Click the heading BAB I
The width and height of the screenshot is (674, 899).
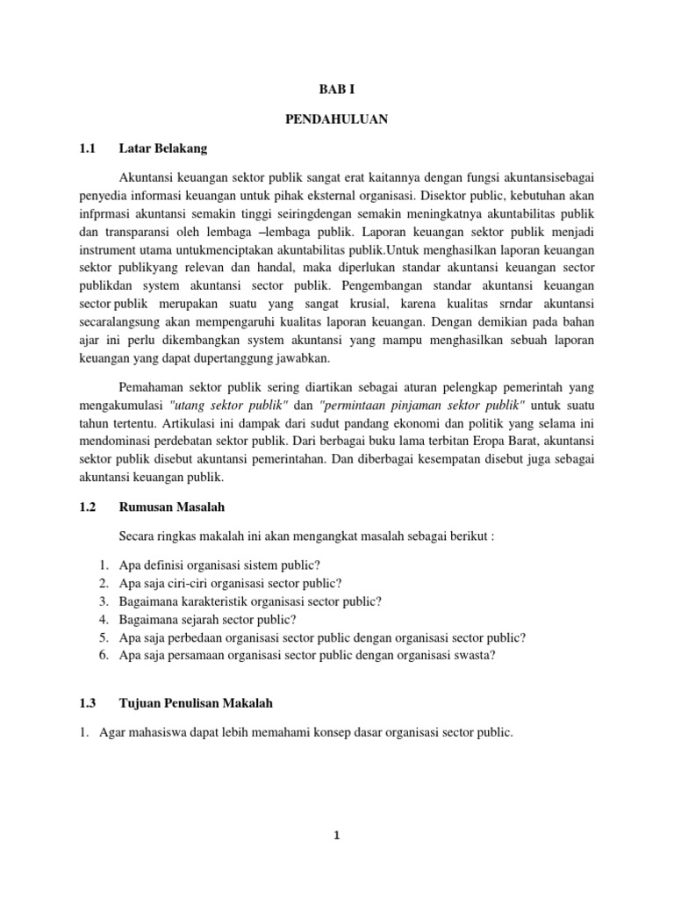pyautogui.click(x=337, y=90)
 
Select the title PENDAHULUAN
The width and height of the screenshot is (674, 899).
pyautogui.click(x=337, y=119)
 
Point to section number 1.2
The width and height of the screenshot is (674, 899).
pyautogui.click(x=88, y=507)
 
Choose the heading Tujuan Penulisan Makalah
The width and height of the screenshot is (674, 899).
pyautogui.click(x=196, y=702)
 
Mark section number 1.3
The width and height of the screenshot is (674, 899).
pyautogui.click(x=88, y=702)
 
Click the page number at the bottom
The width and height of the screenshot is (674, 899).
pyautogui.click(x=337, y=836)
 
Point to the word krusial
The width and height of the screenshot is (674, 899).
pyautogui.click(x=441, y=304)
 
